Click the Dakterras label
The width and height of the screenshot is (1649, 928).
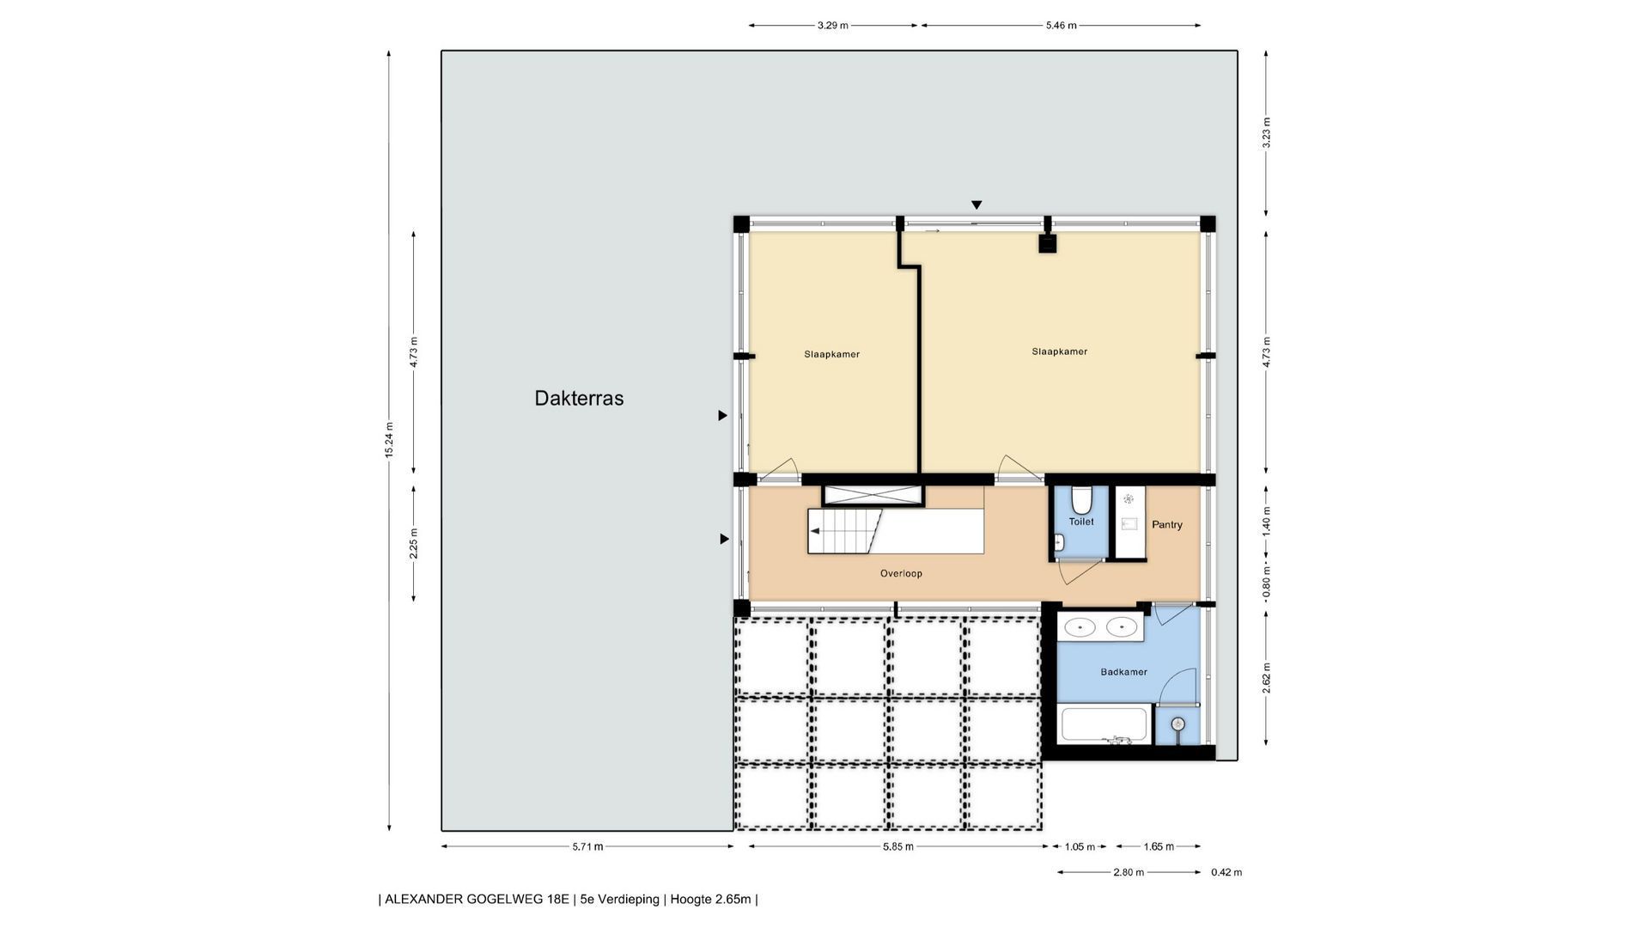[579, 398]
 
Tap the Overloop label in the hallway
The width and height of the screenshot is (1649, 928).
[901, 573]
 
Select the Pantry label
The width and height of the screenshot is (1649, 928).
[1167, 524]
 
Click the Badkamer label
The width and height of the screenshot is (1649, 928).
[1123, 672]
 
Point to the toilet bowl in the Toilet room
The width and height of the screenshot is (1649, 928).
[1081, 500]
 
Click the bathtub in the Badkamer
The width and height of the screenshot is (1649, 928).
[1104, 724]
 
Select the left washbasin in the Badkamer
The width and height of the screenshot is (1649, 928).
[1079, 627]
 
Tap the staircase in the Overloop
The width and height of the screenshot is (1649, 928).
[895, 531]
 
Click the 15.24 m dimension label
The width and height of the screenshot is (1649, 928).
[389, 440]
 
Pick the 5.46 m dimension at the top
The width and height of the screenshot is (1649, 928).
[1061, 26]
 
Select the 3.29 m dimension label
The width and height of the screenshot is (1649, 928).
[832, 26]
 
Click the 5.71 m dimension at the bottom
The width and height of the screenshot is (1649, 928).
[587, 846]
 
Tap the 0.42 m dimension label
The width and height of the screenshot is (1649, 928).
[1226, 872]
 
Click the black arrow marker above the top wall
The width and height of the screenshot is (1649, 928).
[977, 205]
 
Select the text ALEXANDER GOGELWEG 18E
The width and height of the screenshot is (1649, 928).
[477, 900]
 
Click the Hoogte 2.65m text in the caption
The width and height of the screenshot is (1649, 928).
[710, 900]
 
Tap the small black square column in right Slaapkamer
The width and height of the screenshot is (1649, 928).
[1047, 244]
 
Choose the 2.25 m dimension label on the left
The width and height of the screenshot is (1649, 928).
[414, 543]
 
